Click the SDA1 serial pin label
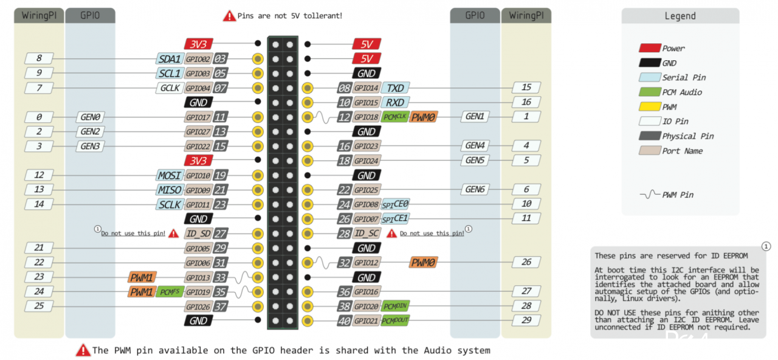[x=170, y=59]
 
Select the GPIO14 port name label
[x=367, y=88]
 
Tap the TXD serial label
[x=395, y=88]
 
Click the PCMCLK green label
[x=395, y=117]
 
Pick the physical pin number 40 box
[x=345, y=320]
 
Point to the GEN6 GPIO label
[x=475, y=189]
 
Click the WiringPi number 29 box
[x=526, y=320]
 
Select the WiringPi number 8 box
[x=39, y=58]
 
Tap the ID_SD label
[x=198, y=233]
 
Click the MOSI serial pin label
[x=170, y=175]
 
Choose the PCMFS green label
[x=170, y=291]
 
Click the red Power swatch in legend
[x=650, y=48]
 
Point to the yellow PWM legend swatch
[x=650, y=106]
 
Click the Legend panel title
[x=680, y=16]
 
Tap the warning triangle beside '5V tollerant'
[x=229, y=16]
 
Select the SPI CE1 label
[x=395, y=218]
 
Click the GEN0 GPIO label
[x=91, y=117]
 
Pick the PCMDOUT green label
[x=395, y=320]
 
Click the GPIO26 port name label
[x=198, y=306]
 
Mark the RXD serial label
[x=395, y=103]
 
